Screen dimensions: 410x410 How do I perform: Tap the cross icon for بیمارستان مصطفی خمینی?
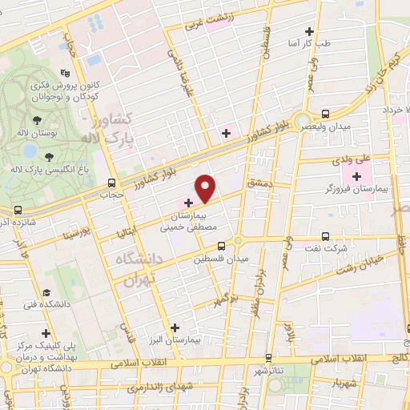point(189,203)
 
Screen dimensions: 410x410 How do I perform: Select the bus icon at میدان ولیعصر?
point(325,114)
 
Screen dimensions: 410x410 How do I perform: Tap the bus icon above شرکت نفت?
point(325,236)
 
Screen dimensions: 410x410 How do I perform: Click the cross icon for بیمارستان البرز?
point(175,327)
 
